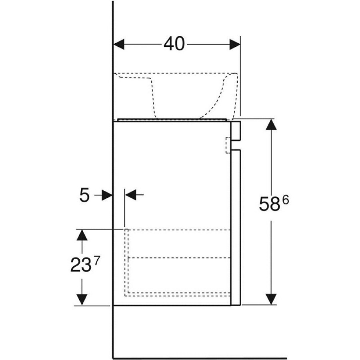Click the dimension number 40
174,44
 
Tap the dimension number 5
84,195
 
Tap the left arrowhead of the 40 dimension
119,44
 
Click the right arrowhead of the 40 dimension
235,44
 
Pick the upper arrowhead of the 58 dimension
271,124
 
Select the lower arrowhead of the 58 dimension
271,299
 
